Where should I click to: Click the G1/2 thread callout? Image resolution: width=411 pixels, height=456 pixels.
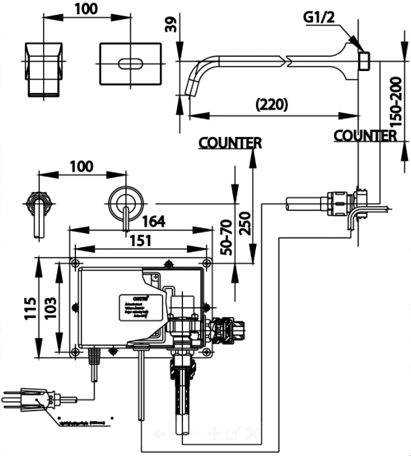319,17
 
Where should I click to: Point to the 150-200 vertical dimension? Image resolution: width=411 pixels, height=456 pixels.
391,101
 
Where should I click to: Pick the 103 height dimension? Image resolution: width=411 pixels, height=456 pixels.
51,307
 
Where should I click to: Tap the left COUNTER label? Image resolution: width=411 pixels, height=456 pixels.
230,143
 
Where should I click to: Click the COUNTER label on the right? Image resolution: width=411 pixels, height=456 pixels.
365,135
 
